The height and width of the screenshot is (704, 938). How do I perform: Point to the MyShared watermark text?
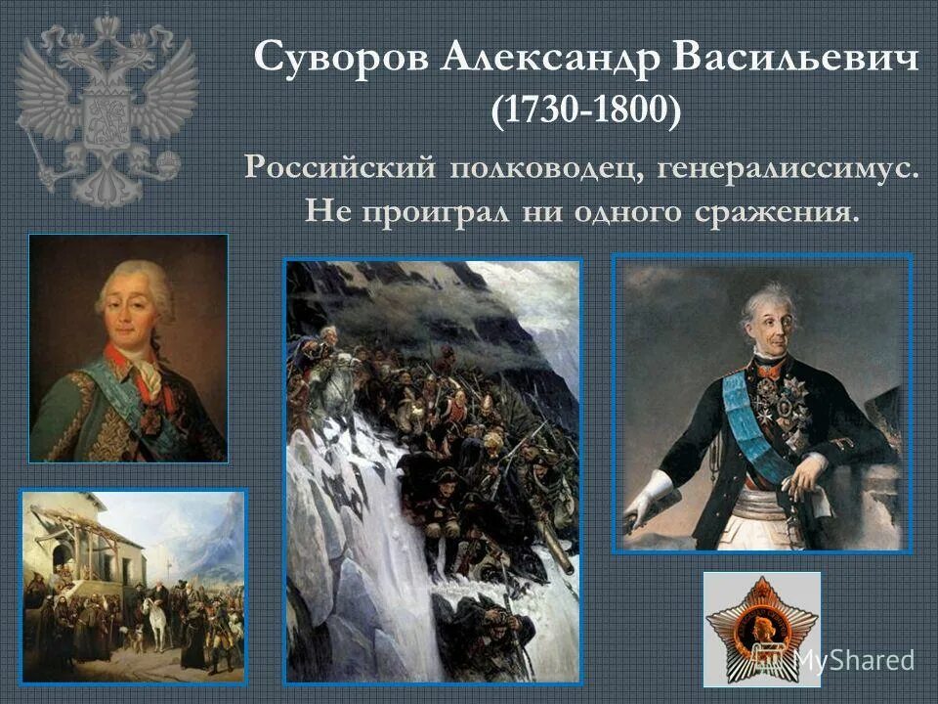[853, 660]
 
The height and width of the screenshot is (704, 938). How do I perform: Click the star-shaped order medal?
[761, 628]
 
